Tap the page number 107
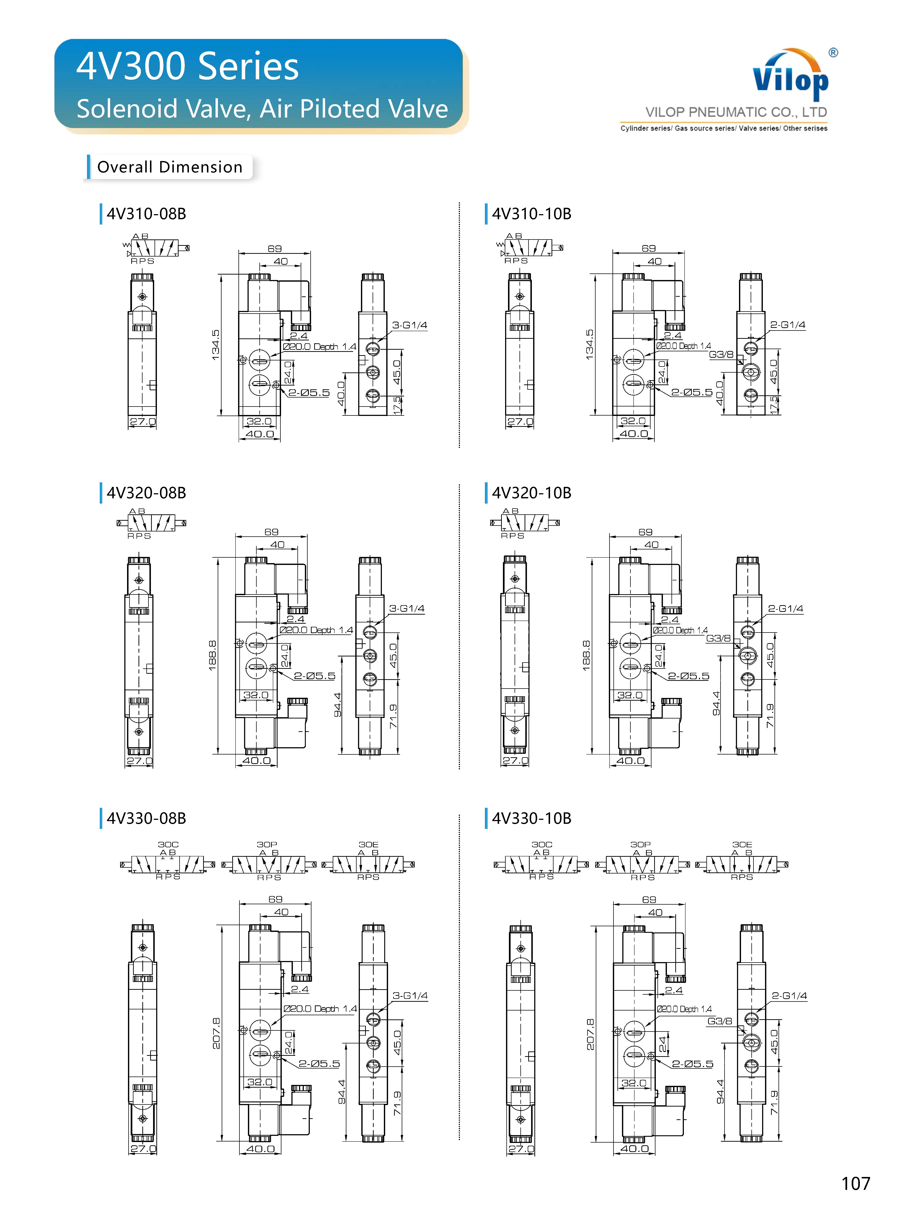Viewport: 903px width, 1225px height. [x=855, y=1183]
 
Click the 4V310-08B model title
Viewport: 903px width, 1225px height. [x=147, y=214]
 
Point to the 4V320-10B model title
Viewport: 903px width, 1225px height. [x=532, y=493]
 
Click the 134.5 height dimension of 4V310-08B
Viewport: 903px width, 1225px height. [x=216, y=345]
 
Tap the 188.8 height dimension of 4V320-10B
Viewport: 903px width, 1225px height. [x=586, y=656]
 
